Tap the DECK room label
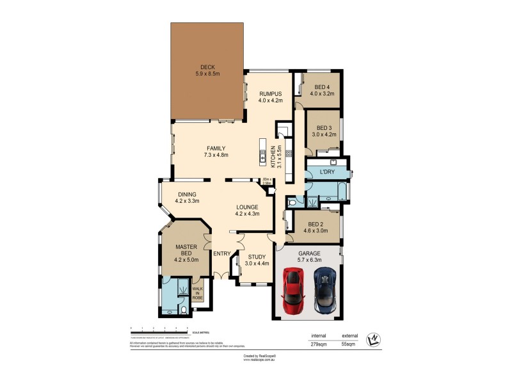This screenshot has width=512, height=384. tap(207, 67)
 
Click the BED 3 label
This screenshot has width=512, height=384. tap(324, 127)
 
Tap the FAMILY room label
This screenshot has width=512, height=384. tap(216, 148)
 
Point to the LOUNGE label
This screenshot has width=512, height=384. tap(246, 207)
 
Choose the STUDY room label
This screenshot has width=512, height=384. tap(257, 256)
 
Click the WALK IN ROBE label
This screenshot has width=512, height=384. tap(198, 293)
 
